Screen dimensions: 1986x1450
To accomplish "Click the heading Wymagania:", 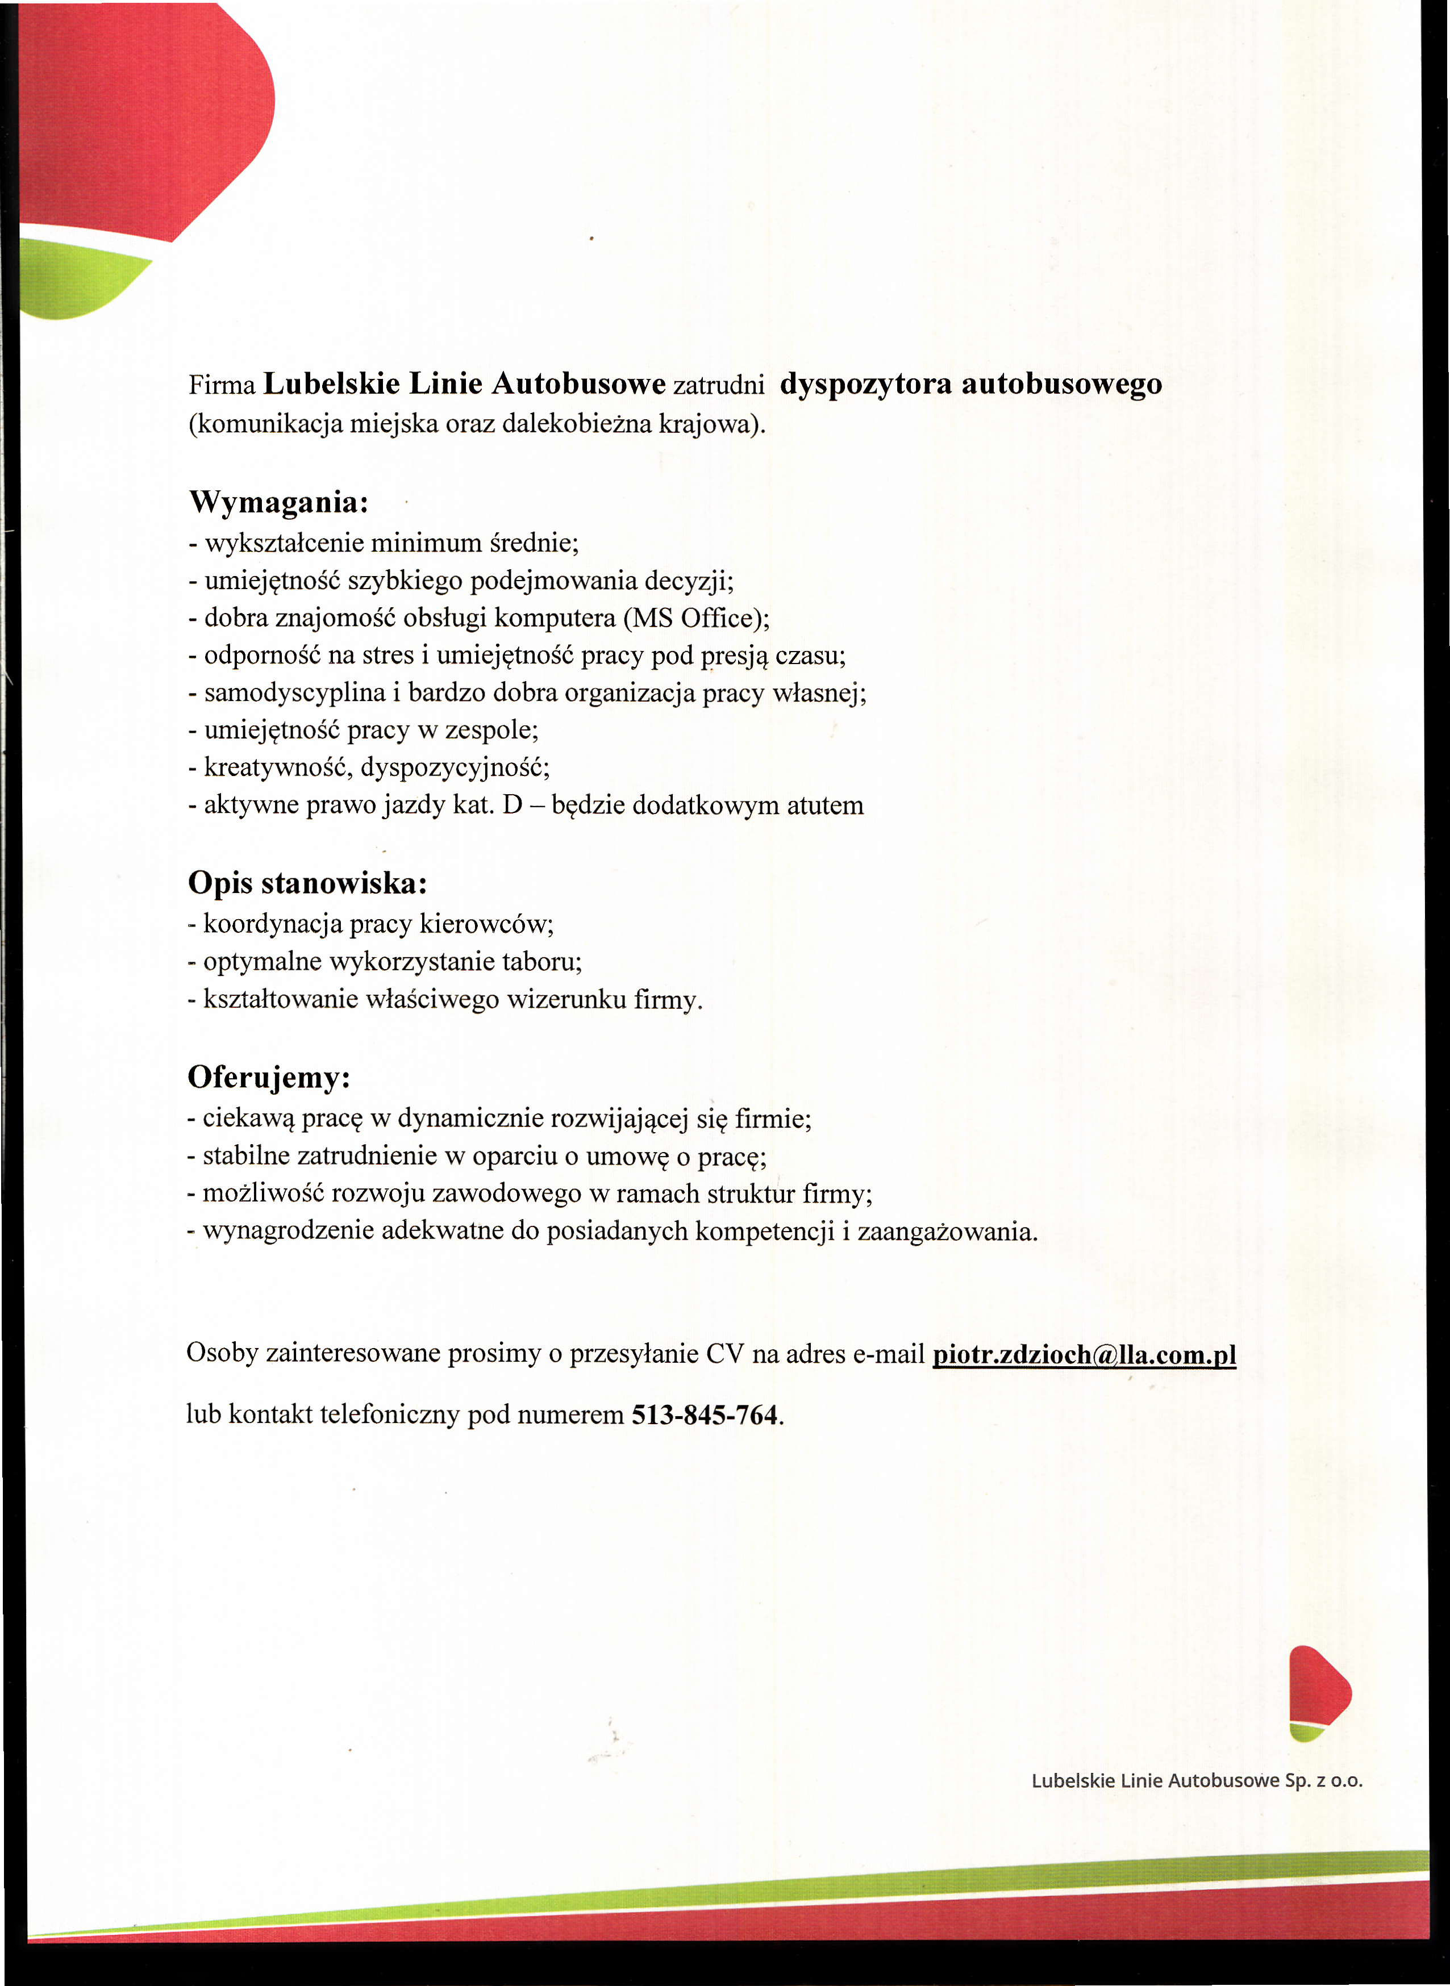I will tap(278, 503).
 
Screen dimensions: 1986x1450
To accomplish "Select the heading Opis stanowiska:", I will tap(307, 883).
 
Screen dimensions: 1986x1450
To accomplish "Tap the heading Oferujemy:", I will tap(269, 1078).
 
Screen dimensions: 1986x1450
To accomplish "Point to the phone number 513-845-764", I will tap(705, 1416).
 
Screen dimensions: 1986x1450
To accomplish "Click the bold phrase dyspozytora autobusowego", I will tap(971, 385).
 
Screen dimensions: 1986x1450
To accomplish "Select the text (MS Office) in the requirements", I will tap(695, 618).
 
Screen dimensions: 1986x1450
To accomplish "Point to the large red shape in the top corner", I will tap(140, 114).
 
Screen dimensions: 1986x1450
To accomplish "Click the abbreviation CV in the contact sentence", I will tap(725, 1354).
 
